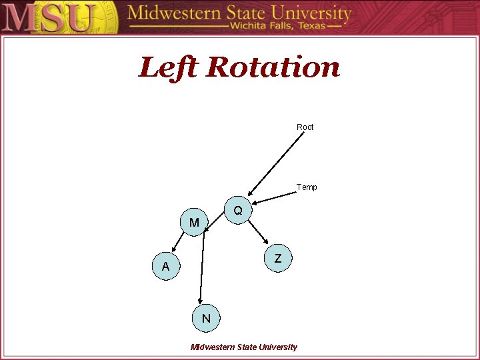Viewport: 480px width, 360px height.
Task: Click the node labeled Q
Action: pos(238,210)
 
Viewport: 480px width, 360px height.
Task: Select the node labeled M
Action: pos(194,222)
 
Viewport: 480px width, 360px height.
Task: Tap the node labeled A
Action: pos(165,267)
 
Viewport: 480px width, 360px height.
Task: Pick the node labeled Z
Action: pos(278,258)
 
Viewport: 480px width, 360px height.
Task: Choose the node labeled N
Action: pos(206,318)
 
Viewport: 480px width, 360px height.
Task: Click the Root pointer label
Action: pos(305,127)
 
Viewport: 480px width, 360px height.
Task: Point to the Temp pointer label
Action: pos(307,187)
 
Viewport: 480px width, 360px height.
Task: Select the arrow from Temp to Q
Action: pos(274,199)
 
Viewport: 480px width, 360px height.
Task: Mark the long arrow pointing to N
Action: pos(202,267)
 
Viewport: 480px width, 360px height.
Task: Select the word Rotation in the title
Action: pos(273,67)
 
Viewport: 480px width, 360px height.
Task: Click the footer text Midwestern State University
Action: pos(244,347)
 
